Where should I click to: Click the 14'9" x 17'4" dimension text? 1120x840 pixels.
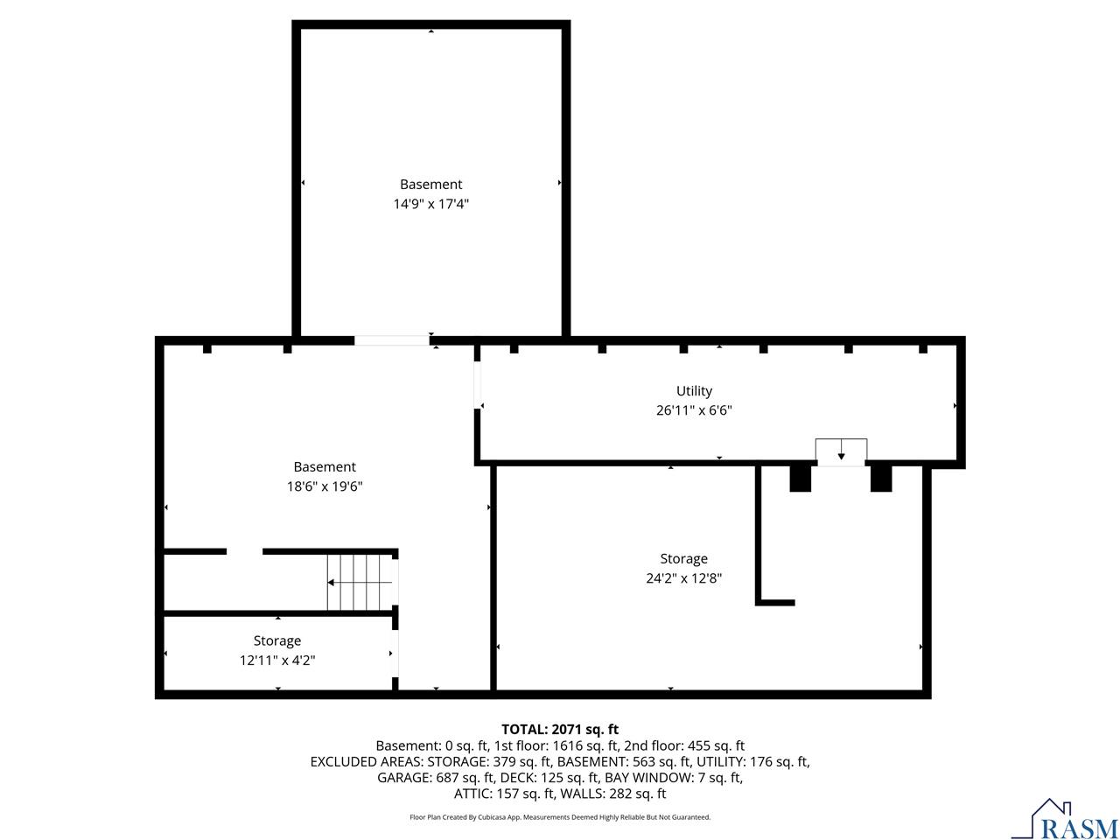[430, 204]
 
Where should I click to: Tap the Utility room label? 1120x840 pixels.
[694, 391]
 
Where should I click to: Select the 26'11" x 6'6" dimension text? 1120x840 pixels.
[694, 410]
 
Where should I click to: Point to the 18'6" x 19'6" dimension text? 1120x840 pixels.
[325, 486]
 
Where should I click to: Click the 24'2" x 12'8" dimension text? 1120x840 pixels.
[683, 577]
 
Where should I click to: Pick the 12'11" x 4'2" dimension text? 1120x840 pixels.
[277, 660]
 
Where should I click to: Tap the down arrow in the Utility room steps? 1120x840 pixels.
[841, 449]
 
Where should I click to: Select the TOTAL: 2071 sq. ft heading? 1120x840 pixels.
[560, 730]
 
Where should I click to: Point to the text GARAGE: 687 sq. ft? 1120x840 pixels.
[436, 777]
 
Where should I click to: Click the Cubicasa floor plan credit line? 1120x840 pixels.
[560, 817]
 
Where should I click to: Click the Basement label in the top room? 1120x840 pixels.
[430, 184]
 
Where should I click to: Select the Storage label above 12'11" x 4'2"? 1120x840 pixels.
[277, 640]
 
